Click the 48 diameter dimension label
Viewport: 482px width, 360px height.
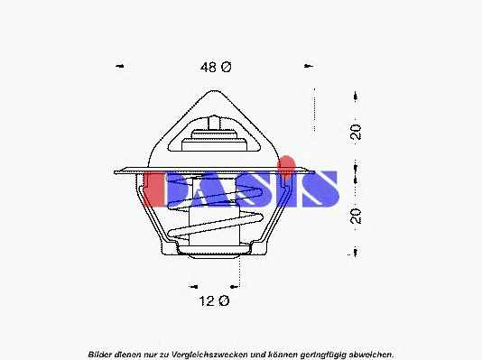[216, 67]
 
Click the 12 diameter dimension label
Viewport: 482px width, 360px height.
[214, 300]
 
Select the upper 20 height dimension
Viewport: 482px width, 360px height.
[356, 132]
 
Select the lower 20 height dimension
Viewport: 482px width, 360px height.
[356, 216]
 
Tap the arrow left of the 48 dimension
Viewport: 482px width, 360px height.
[119, 66]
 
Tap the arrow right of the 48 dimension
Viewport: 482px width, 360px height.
[309, 66]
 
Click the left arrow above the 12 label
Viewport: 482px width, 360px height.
[193, 287]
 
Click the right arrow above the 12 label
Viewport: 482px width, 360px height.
[235, 287]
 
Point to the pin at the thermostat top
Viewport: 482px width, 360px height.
[214, 123]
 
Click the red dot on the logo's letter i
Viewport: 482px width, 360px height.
[286, 162]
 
